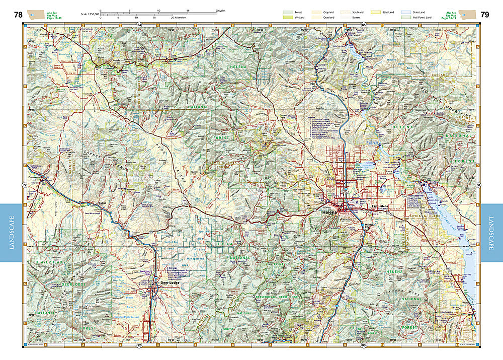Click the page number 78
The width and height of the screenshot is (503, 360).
coord(19,15)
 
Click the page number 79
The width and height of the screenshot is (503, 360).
coord(484,15)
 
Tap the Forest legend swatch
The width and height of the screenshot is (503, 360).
coord(288,11)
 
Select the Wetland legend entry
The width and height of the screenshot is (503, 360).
coord(288,17)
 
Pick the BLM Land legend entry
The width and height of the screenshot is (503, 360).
coord(375,11)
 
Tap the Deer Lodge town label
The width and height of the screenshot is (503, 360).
coord(170,283)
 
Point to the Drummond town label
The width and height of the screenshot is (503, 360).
coord(36,178)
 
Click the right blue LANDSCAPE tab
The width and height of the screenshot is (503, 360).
coord(491,233)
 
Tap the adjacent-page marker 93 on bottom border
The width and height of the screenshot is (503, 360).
coord(364,346)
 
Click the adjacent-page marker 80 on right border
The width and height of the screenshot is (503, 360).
coord(478,186)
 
